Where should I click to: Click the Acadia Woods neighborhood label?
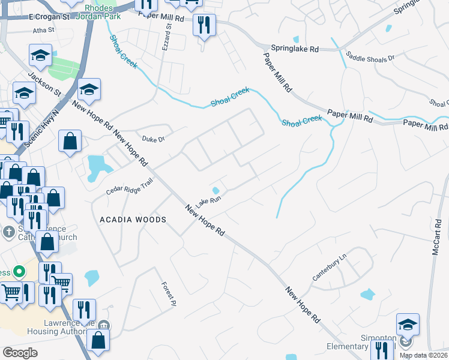tap(133, 220)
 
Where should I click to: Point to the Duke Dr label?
tap(153, 139)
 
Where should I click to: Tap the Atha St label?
tap(44, 29)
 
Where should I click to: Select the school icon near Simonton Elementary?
tap(408, 325)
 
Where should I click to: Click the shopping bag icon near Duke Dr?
tap(70, 142)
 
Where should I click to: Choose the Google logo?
tap(20, 353)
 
